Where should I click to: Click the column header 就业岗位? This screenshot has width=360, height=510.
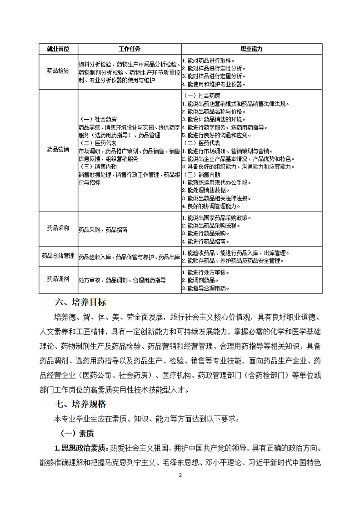click(x=58, y=49)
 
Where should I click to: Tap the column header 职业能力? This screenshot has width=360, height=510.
click(x=251, y=49)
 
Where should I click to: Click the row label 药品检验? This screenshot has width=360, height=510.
click(x=58, y=71)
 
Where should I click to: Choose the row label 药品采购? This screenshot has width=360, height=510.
click(x=58, y=229)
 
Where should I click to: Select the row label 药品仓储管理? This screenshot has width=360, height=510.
click(x=58, y=256)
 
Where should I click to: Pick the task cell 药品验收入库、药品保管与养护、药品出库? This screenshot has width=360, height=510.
click(x=129, y=257)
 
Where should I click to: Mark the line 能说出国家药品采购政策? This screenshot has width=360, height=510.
click(x=217, y=217)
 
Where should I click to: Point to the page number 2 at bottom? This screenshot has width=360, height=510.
click(x=180, y=475)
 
